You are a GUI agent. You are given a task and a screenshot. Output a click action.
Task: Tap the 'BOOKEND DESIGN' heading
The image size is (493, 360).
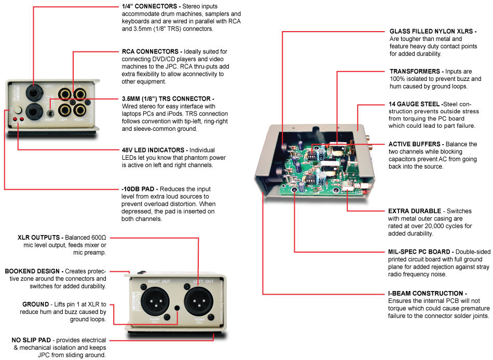tap(33, 271)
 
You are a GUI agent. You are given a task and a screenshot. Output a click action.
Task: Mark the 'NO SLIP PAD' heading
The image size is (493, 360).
tap(32, 340)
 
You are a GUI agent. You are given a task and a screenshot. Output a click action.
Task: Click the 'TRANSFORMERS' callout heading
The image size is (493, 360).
tap(415, 72)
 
